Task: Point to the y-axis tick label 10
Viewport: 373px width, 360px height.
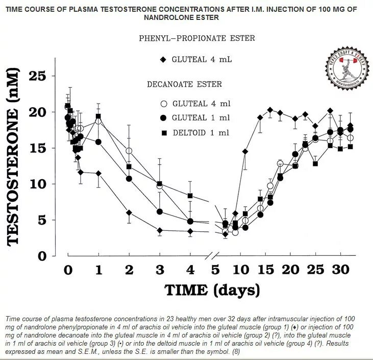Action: click(x=37, y=184)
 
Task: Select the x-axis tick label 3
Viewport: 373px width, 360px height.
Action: click(x=160, y=270)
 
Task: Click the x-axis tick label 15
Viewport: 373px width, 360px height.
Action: click(x=265, y=270)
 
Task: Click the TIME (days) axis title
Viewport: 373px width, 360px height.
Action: click(x=212, y=290)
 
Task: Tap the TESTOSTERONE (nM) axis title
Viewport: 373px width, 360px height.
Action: click(x=14, y=158)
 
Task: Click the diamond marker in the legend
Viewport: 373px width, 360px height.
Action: click(x=163, y=59)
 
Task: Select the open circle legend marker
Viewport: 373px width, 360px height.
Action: click(x=163, y=104)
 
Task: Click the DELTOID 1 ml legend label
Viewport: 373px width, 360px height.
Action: click(x=201, y=132)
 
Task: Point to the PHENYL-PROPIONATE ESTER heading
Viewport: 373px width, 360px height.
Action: click(x=197, y=38)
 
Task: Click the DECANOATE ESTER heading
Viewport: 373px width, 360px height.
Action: click(x=185, y=84)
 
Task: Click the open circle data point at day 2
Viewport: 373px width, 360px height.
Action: click(x=129, y=151)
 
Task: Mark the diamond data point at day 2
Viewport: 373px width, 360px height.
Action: click(x=129, y=212)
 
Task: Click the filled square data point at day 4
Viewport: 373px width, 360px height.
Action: click(x=190, y=196)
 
